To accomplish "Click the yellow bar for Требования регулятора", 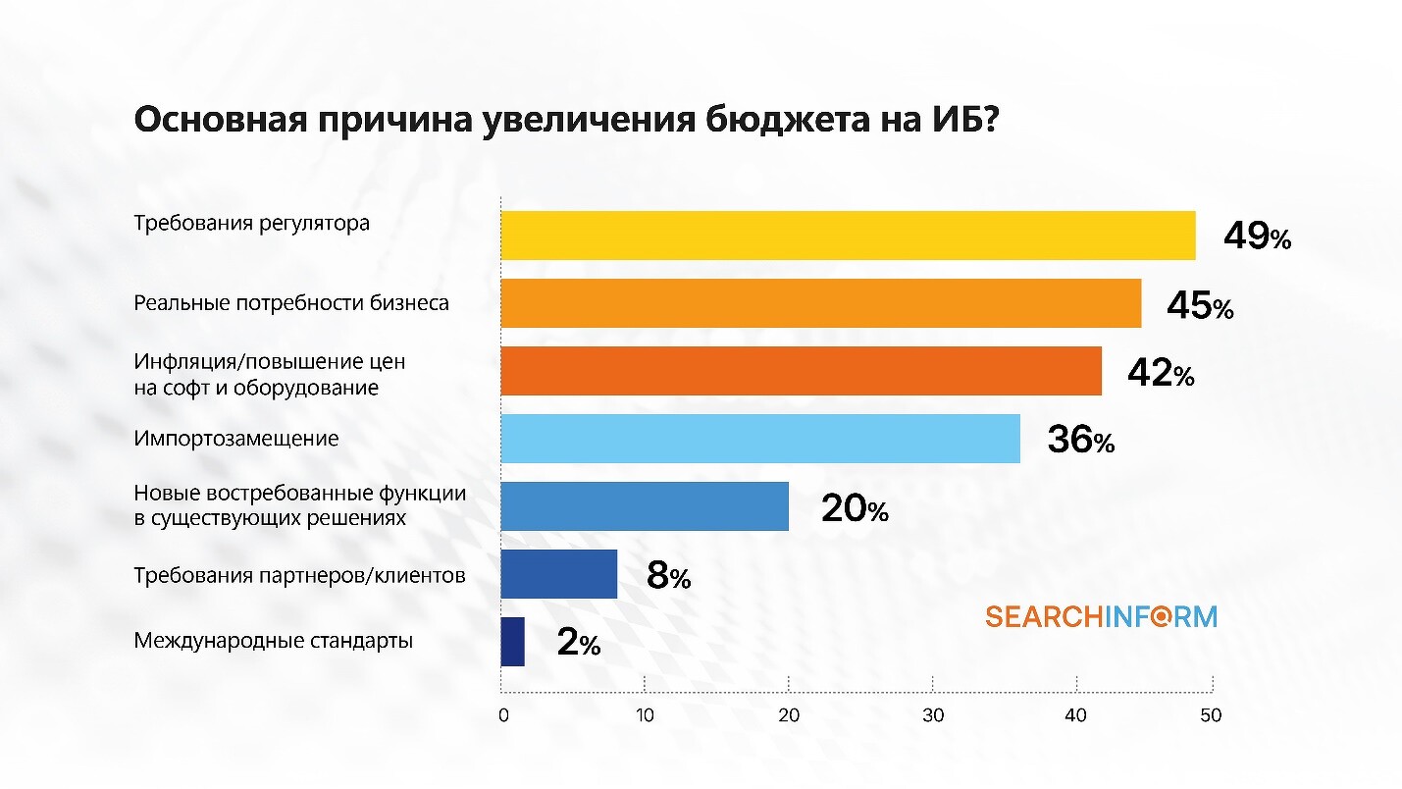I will [848, 236].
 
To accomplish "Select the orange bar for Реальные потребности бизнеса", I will [820, 303].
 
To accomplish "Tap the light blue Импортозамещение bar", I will [759, 438].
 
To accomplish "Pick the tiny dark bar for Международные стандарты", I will [512, 642].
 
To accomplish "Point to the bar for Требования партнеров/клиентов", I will [558, 574].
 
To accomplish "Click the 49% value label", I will [1257, 237].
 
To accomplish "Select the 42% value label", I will [1160, 374].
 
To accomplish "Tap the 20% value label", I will [855, 509].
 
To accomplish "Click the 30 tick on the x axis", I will [933, 715].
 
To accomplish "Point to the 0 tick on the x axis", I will [503, 715].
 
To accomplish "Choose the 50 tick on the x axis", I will [1211, 715].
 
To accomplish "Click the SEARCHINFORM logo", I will [1101, 616].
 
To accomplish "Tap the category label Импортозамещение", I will [236, 438].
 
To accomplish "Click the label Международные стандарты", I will [273, 642].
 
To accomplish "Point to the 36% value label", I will [1080, 441].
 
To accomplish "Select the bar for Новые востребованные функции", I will [644, 506].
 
